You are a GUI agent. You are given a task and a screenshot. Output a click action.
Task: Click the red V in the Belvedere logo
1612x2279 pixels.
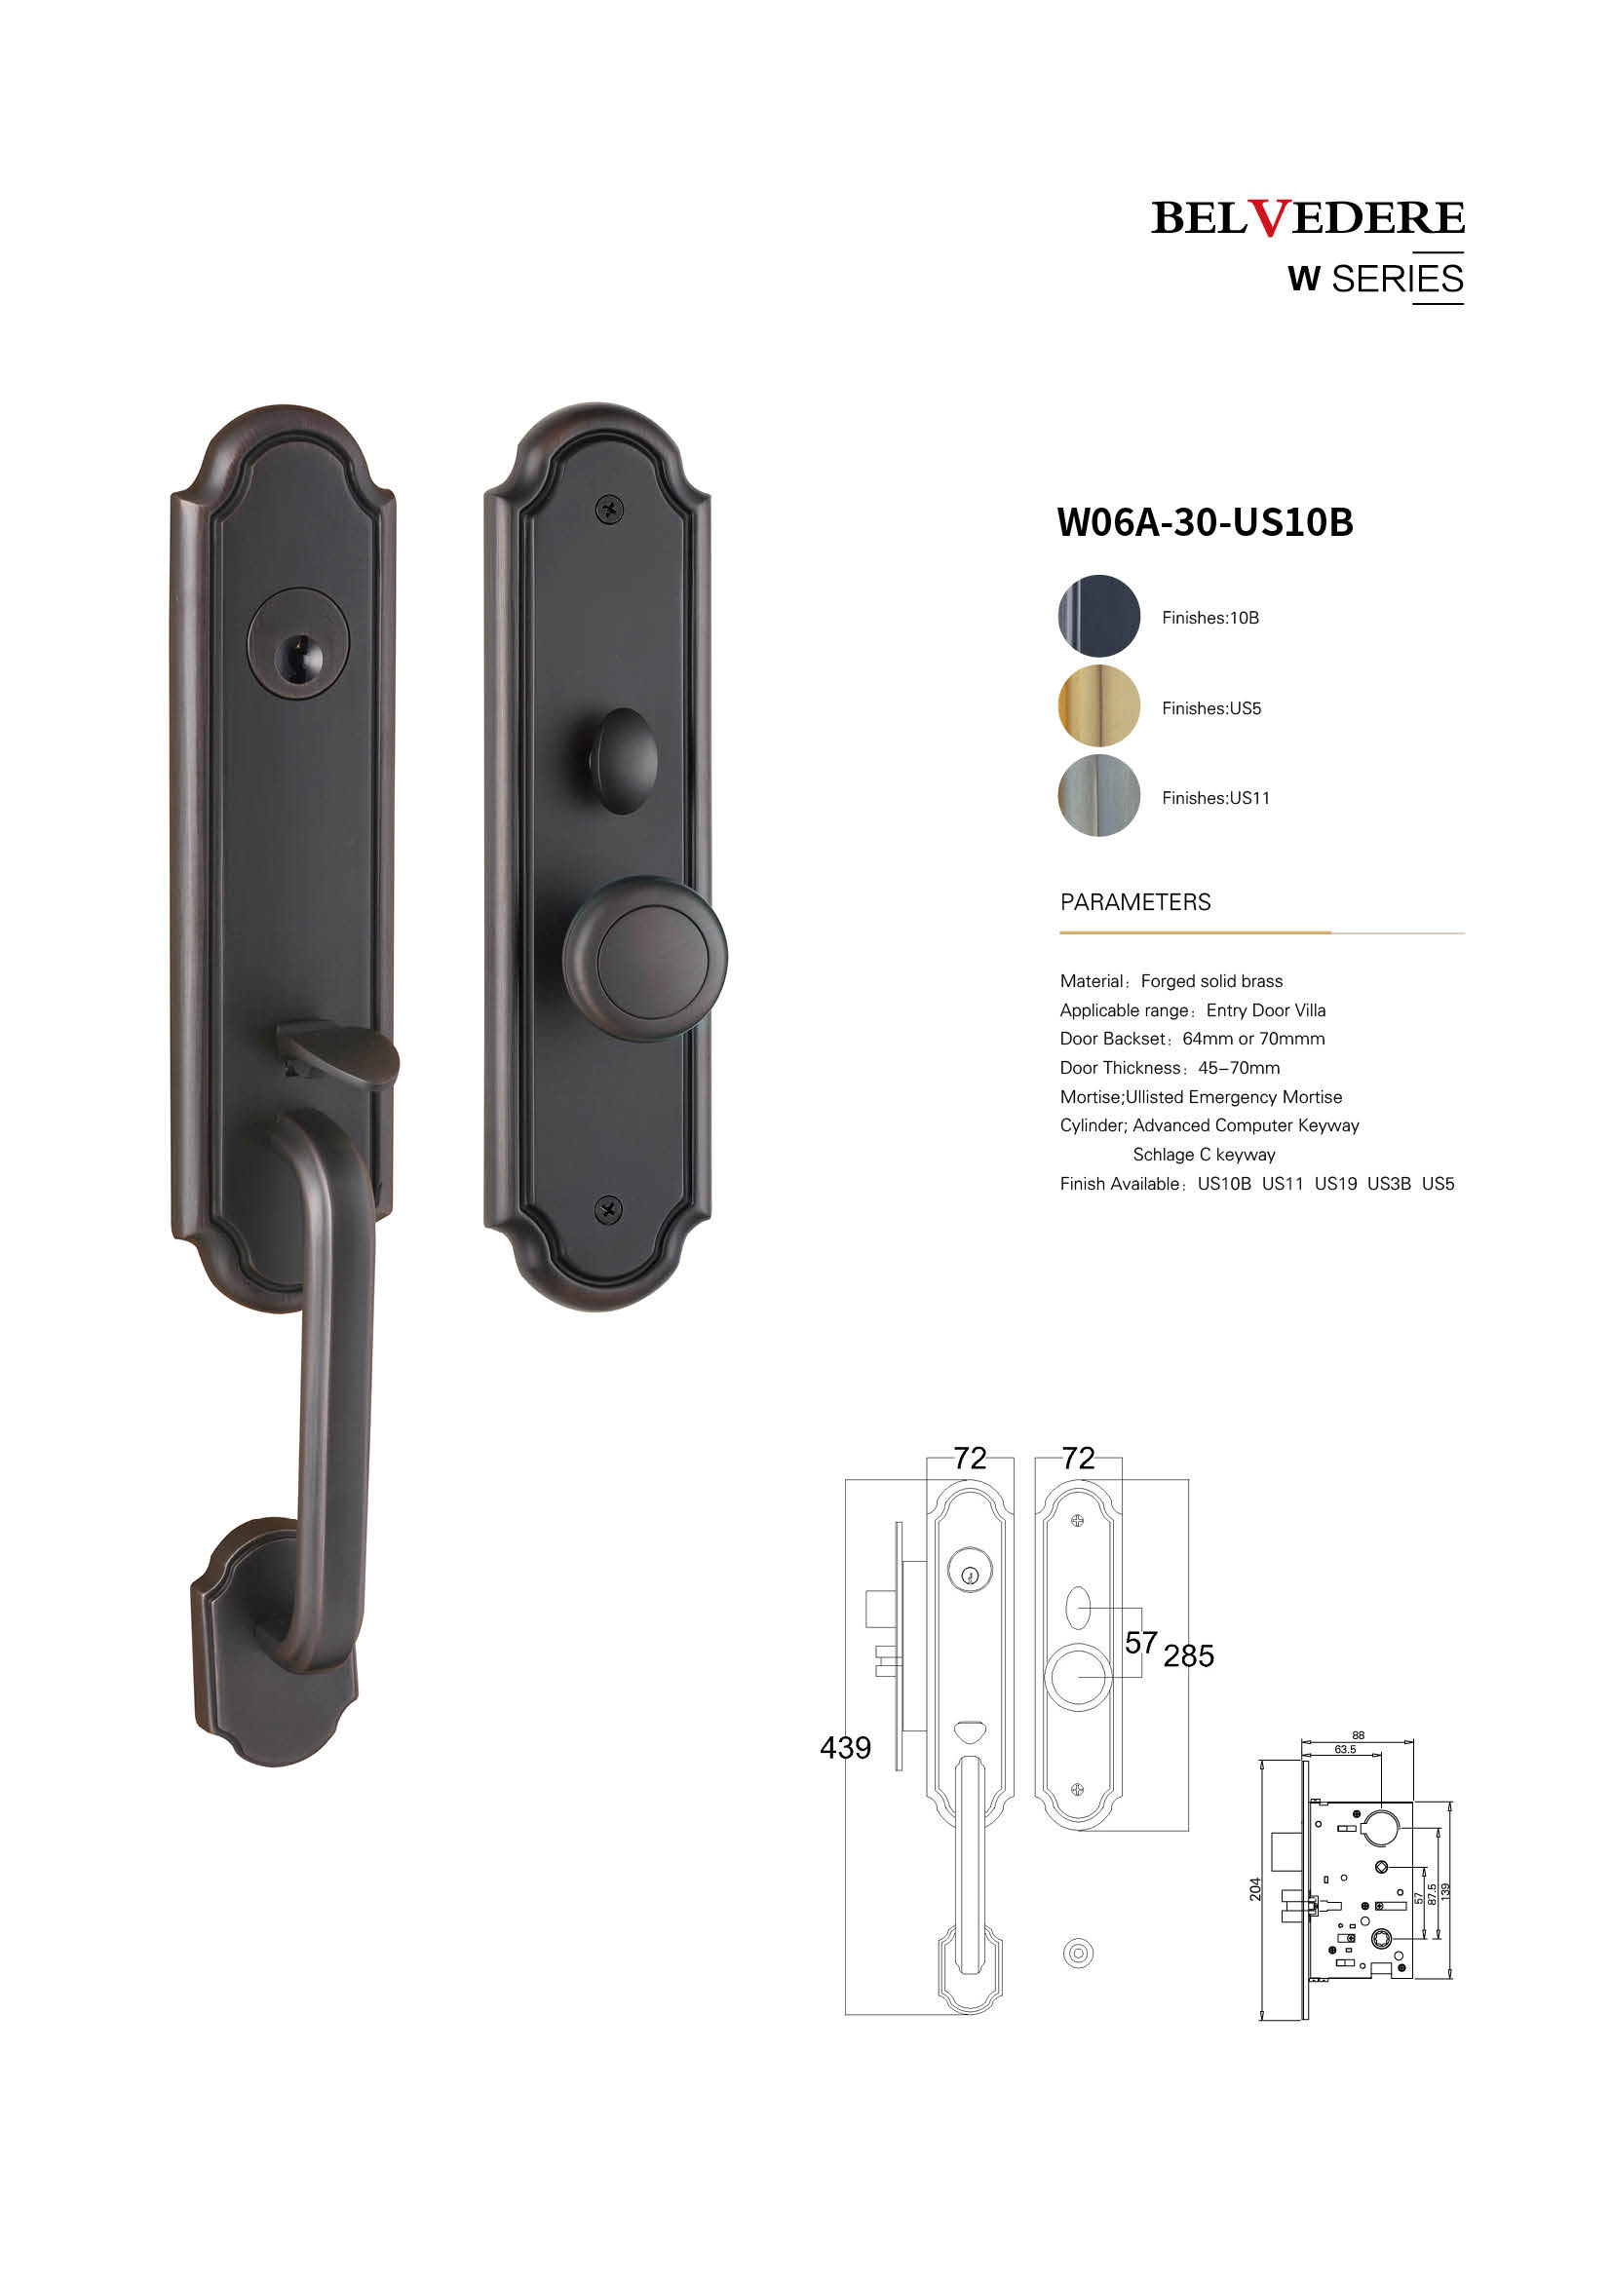tap(1269, 218)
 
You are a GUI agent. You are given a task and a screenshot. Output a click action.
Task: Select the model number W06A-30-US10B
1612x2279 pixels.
tap(1205, 522)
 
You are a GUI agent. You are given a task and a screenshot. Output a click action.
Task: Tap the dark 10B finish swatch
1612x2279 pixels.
tap(1098, 616)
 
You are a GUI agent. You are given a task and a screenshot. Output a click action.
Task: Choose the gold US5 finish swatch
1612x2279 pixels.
tap(1098, 705)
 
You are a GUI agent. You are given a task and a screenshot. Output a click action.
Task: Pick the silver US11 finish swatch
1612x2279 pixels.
tap(1098, 795)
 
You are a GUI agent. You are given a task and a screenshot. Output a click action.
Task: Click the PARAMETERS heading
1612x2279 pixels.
tap(1135, 902)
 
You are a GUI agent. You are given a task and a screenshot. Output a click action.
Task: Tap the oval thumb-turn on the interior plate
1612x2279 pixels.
tap(624, 761)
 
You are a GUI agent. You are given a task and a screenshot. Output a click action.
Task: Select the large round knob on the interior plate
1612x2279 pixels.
tap(645, 959)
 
